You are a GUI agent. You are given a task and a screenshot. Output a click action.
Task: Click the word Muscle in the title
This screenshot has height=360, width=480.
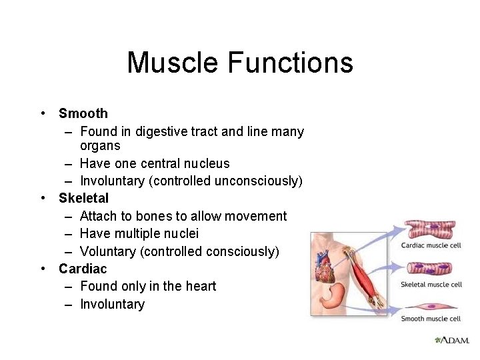[x=173, y=63]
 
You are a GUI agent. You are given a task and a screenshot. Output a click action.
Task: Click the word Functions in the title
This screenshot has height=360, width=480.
[x=290, y=63]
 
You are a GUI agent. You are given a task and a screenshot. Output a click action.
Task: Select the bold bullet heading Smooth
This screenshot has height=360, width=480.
[x=83, y=113]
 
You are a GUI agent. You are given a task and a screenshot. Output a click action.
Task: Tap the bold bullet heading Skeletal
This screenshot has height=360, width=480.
[x=83, y=198]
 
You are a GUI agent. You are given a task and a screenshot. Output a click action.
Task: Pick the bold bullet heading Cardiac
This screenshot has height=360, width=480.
[x=83, y=269]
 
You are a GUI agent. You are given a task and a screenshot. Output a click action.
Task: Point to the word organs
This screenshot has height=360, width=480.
[x=100, y=145]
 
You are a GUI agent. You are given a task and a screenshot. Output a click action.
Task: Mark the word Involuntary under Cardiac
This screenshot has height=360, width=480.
[x=112, y=304]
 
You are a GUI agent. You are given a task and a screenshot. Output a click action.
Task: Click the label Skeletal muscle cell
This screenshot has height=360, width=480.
[x=431, y=285]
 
